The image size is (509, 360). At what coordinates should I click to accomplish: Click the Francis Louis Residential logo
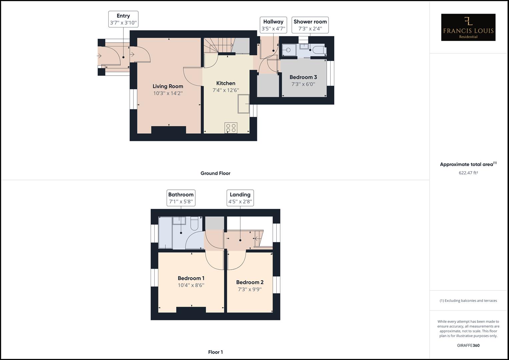(x=468, y=27)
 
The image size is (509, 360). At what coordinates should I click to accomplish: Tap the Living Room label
(x=168, y=86)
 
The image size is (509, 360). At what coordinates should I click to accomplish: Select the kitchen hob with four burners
(x=231, y=128)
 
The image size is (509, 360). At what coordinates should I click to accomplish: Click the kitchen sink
(x=243, y=104)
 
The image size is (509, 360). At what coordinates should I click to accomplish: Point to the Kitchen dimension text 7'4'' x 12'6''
(x=226, y=90)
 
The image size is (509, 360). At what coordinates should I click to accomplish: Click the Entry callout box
(x=123, y=19)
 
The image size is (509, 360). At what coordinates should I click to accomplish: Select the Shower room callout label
(x=310, y=25)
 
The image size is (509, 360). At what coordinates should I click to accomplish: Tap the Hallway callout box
(x=273, y=25)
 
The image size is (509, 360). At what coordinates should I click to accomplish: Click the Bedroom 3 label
(x=303, y=77)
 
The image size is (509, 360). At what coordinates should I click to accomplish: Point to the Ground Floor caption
(x=215, y=173)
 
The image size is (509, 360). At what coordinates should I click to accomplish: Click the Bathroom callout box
(x=181, y=198)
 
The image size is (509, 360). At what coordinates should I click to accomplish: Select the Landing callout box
(x=240, y=198)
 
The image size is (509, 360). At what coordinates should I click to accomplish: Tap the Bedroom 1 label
(x=191, y=278)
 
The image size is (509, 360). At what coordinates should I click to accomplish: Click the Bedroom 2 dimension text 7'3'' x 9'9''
(x=250, y=289)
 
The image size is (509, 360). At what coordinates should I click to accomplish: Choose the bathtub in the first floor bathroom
(x=165, y=233)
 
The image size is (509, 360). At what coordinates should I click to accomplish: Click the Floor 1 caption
(x=215, y=352)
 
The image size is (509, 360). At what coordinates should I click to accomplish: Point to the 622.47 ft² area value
(x=468, y=173)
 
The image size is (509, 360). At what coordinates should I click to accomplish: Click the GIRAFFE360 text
(x=468, y=345)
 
